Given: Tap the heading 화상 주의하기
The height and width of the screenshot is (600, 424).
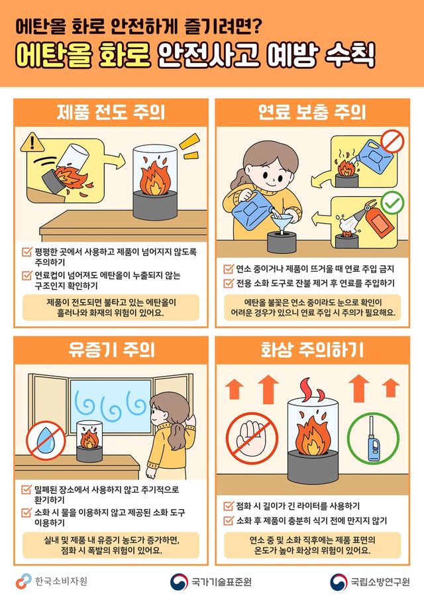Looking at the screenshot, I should coord(312,349).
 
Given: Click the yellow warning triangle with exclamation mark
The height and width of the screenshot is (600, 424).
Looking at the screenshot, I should coord(31,143).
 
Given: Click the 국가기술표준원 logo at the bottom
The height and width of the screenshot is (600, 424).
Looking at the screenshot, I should coord(211,582).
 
